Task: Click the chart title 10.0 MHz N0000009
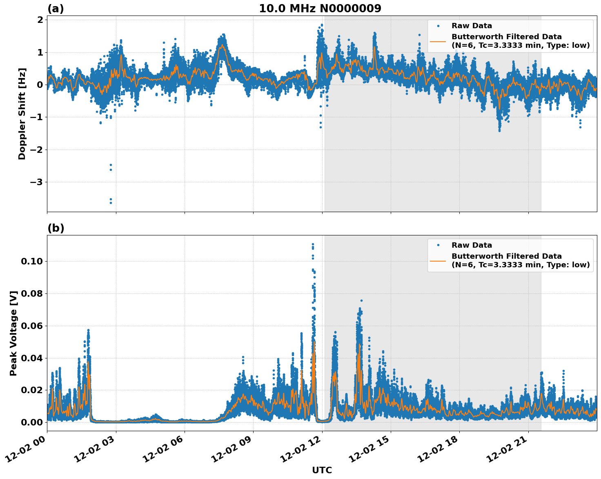320,9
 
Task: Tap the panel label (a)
56,9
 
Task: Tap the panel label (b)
56,228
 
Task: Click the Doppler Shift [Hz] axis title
22,114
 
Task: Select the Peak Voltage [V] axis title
13,333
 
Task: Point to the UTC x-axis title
322,470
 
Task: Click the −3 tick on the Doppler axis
37,182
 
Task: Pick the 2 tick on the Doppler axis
40,20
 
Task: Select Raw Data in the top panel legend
472,26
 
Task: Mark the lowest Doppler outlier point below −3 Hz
111,203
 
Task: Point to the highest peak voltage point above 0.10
313,244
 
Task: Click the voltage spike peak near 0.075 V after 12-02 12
361,300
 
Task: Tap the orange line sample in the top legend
438,41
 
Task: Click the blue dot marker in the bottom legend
438,245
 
